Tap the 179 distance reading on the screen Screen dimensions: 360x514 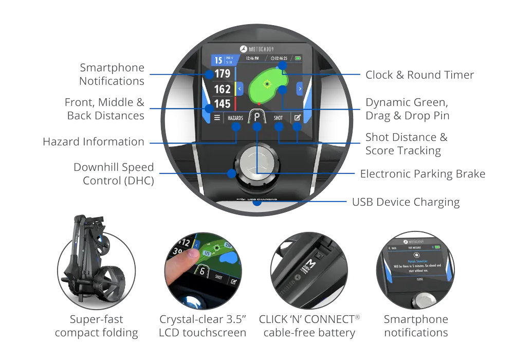223,74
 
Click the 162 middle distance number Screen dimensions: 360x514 223,89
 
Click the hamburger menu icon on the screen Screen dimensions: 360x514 217,118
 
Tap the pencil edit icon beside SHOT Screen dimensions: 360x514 297,118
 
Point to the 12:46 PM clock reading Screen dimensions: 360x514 252,59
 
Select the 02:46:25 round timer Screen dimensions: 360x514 278,59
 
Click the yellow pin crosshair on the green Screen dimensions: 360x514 267,83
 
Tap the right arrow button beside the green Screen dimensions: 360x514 299,88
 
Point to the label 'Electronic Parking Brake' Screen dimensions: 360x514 423,174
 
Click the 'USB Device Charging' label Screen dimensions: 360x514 406,202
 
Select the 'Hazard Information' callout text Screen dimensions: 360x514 93,142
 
